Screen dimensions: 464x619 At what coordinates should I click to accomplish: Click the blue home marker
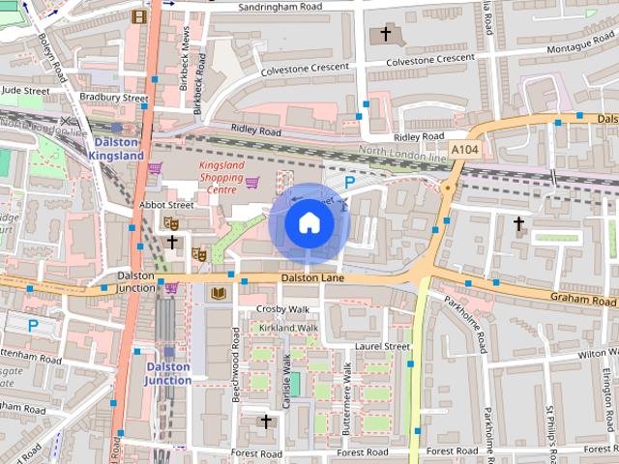[309, 223]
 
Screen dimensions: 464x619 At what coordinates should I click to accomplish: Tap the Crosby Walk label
[282, 308]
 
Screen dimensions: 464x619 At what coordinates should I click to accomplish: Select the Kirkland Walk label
[287, 328]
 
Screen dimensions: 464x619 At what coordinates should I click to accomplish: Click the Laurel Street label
[382, 345]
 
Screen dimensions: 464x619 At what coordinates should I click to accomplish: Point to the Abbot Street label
[166, 205]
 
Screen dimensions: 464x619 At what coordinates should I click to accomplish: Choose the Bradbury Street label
[114, 98]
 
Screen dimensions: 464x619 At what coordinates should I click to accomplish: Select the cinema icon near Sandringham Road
[139, 15]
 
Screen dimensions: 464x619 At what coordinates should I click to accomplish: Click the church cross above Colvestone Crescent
[385, 35]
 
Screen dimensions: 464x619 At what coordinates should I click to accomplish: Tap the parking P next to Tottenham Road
[33, 326]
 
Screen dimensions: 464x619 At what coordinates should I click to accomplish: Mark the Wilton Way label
[598, 355]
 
